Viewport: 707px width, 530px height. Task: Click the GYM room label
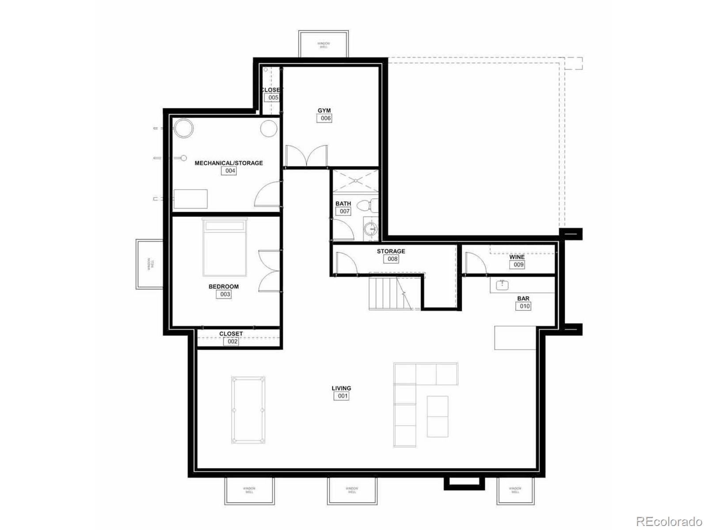pos(324,110)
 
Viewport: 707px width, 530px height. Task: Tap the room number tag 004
pos(229,171)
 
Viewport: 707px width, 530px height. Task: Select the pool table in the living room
pos(248,409)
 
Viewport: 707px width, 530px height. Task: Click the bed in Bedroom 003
pos(224,247)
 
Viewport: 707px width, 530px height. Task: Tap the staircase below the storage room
pos(389,292)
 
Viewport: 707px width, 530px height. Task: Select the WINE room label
pos(517,257)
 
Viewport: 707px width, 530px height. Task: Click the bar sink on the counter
pos(502,285)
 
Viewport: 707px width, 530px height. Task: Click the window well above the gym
pos(323,44)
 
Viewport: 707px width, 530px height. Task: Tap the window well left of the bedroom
pos(149,264)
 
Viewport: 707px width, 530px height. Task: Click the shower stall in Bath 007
pos(356,181)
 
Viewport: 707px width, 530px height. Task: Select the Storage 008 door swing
pos(346,264)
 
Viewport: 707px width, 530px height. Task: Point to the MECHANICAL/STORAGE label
pos(229,163)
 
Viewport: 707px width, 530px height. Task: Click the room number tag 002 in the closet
pos(232,341)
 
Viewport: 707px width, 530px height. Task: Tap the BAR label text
pos(523,299)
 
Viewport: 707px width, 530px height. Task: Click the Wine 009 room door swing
pos(475,264)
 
